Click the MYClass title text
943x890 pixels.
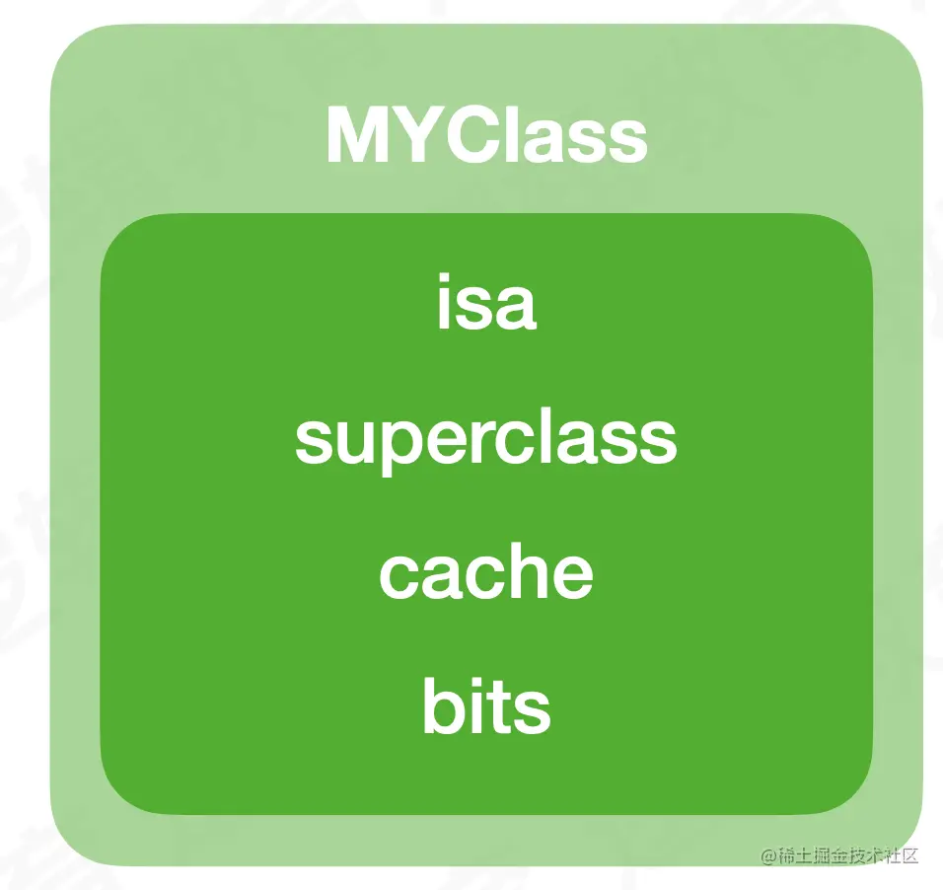click(x=486, y=134)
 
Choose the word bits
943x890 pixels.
click(x=486, y=705)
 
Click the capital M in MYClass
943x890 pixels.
click(x=356, y=135)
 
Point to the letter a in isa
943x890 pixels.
click(x=515, y=308)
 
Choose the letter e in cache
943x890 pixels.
click(x=571, y=578)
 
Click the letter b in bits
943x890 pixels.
click(x=444, y=705)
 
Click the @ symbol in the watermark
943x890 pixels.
click(x=768, y=855)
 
